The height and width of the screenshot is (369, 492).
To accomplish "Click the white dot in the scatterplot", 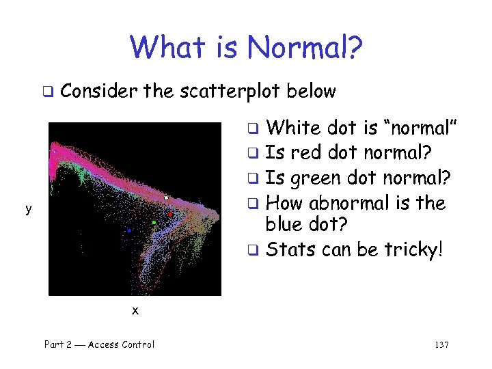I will (166, 198).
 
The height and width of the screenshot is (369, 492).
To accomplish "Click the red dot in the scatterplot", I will (170, 215).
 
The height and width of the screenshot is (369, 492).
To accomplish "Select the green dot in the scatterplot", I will (154, 223).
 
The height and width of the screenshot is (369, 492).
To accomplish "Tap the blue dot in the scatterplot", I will (128, 231).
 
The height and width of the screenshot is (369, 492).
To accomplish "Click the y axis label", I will (28, 209).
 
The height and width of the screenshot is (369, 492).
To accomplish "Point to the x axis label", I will (135, 310).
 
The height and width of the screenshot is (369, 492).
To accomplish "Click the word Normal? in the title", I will (305, 47).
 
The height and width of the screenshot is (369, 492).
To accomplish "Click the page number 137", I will (441, 345).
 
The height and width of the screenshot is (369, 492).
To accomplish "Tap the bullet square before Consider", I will (48, 92).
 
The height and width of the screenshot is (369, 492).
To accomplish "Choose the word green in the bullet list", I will (314, 179).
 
